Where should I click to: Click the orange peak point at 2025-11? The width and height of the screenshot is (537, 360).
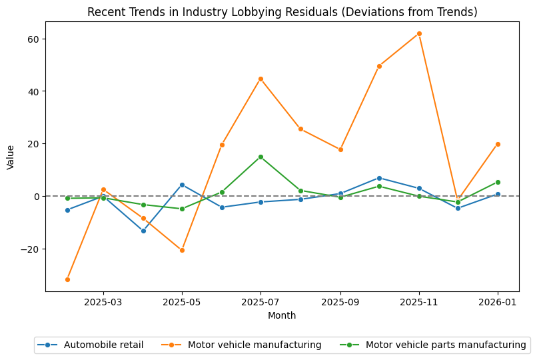tap(419, 33)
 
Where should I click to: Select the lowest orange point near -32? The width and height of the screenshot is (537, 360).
tap(67, 279)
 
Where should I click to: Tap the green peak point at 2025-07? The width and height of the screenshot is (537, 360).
tap(261, 157)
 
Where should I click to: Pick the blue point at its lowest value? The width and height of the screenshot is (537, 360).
tap(143, 231)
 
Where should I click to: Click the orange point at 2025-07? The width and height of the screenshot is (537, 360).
tap(261, 79)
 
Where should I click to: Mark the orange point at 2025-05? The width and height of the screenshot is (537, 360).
tap(182, 250)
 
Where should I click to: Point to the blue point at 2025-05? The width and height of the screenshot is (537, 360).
tap(182, 185)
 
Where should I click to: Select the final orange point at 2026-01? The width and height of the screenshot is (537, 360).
tap(498, 144)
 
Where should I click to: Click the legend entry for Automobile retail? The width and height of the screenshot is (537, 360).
tap(103, 345)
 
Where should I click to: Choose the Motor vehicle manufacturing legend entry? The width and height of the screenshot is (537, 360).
tap(255, 345)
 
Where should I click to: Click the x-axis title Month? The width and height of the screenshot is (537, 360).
tap(282, 315)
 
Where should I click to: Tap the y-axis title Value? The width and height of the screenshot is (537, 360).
tap(10, 157)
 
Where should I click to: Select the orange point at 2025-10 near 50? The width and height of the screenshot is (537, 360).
tap(379, 66)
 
